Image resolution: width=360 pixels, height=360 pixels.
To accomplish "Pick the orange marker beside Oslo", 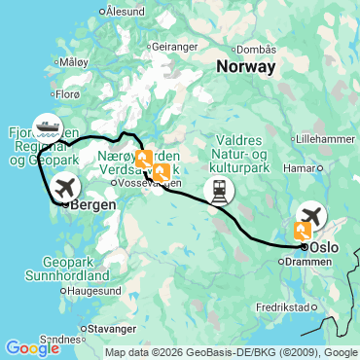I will click(x=303, y=231).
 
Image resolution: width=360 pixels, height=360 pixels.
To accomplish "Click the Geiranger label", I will click(x=173, y=46).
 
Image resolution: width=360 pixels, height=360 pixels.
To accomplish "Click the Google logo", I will click(x=32, y=348).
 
